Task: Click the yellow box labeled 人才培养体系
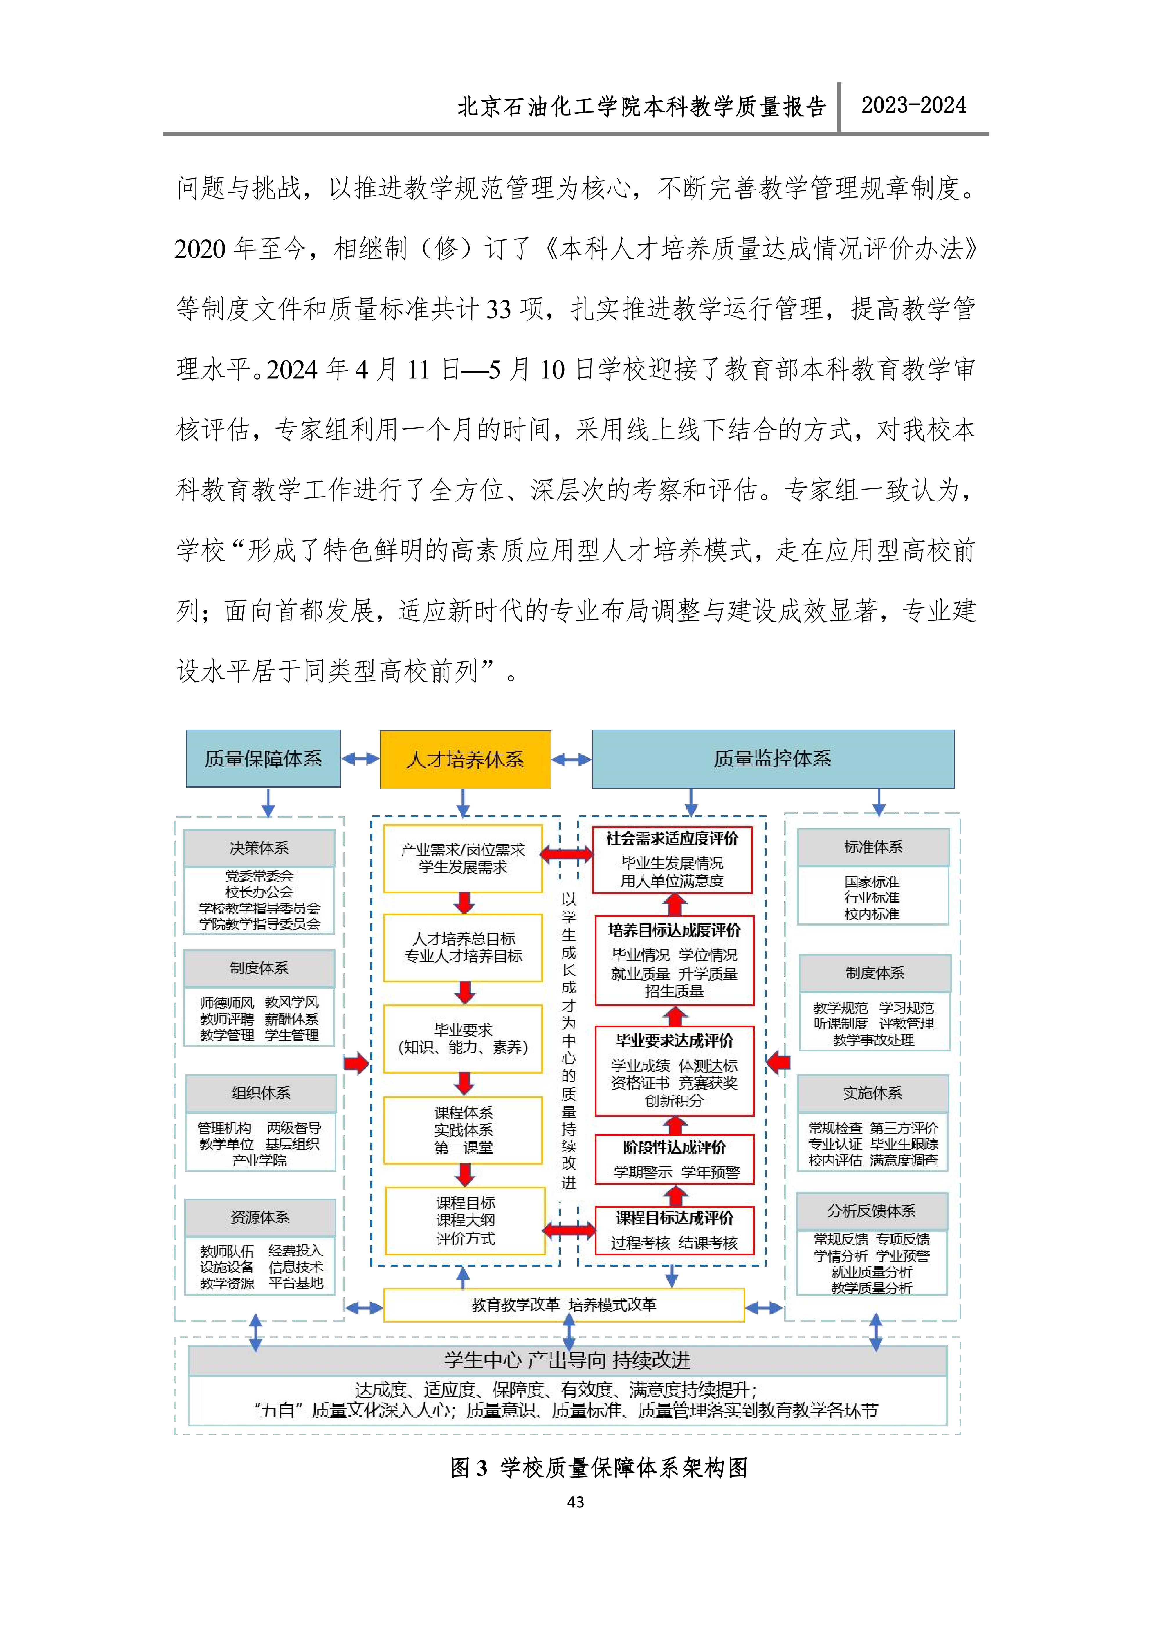point(465,759)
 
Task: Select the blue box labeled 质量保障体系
point(263,758)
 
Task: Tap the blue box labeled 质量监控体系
point(772,758)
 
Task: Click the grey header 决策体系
point(259,848)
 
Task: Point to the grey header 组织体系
point(260,1093)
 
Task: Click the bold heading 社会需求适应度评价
point(673,839)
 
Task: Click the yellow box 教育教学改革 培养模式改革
point(564,1305)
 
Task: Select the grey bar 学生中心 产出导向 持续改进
point(567,1360)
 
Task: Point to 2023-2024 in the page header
point(914,106)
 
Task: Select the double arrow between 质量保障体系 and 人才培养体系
point(360,759)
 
